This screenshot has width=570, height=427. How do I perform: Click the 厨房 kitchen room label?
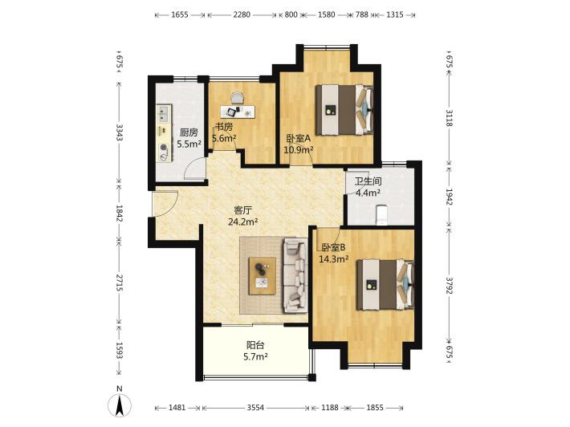tap(189, 132)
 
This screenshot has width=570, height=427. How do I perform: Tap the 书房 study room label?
tap(224, 127)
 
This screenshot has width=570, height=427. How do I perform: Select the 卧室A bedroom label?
tap(299, 139)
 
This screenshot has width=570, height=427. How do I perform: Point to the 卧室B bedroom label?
tap(333, 248)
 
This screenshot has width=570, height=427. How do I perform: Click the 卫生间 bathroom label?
tap(368, 181)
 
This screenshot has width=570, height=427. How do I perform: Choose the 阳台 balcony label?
tap(255, 345)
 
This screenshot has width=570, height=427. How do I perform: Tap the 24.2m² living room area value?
tap(242, 222)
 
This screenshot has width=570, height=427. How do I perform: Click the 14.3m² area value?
tap(334, 259)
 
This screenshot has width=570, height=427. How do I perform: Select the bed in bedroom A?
tap(344, 110)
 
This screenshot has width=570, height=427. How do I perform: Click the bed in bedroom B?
tap(385, 285)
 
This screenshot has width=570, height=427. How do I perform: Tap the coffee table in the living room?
tap(262, 276)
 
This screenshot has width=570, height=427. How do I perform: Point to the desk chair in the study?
tap(237, 98)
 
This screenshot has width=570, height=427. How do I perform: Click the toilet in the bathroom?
tap(381, 214)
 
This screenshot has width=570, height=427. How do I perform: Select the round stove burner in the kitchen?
tap(164, 148)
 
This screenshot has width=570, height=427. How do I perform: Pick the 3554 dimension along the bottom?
tap(255, 408)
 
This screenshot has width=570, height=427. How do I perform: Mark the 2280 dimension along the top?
tap(242, 14)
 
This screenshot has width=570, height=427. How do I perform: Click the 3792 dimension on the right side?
tap(450, 285)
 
